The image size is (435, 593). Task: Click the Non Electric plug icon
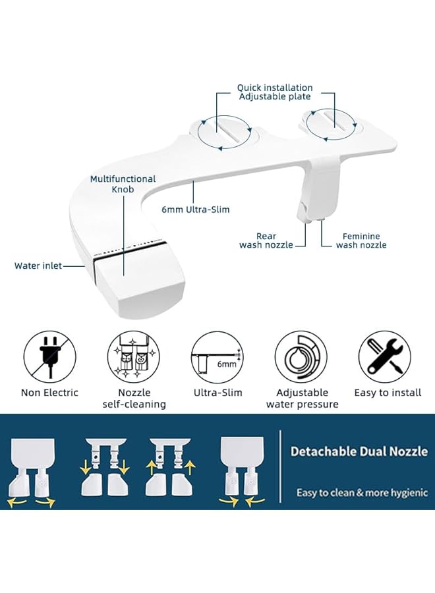pos(50,356)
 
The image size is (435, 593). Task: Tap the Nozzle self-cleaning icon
pos(134,356)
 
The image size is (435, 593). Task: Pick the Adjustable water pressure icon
pos(301,356)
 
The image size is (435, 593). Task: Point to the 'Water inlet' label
pos(38,266)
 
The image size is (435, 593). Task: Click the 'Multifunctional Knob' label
pos(123,184)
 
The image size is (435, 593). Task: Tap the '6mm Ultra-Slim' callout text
pos(196,210)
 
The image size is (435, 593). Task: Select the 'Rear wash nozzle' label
pos(266,240)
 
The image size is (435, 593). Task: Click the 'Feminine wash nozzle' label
pos(361,240)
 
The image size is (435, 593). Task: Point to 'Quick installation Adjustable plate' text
pos(275,92)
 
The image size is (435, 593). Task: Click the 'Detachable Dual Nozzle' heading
pos(359,451)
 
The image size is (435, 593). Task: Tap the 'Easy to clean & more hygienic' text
pos(362,493)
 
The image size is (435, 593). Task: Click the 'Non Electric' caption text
pos(50,393)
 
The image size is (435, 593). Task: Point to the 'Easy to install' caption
pos(388,393)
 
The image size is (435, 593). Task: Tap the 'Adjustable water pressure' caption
pos(302,399)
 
